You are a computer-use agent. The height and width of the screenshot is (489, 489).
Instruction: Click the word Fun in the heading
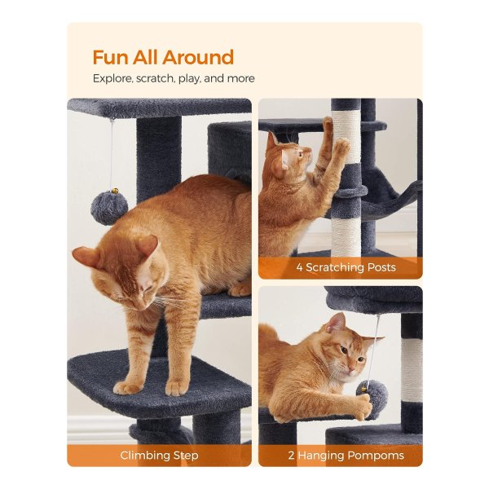click(x=110, y=57)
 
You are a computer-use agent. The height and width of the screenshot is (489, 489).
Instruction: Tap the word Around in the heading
click(x=198, y=57)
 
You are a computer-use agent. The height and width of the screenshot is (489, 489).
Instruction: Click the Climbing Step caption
click(x=159, y=456)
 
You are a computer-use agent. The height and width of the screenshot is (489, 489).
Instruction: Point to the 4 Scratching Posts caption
click(x=346, y=267)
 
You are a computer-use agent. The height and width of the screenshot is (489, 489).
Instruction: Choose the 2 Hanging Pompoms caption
click(x=346, y=456)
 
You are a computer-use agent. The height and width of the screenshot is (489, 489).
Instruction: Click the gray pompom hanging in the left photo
click(x=109, y=208)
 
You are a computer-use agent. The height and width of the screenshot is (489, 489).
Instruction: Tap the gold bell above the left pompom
click(x=115, y=190)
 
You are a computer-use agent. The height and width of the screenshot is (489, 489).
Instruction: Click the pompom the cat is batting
click(x=373, y=394)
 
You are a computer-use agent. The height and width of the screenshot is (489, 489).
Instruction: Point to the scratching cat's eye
click(x=300, y=154)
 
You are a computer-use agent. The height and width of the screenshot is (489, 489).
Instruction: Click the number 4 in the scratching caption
click(x=299, y=267)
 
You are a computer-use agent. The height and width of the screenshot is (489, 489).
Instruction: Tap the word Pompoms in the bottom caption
click(x=376, y=456)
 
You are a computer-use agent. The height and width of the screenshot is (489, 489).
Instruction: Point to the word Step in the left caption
click(x=186, y=456)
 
